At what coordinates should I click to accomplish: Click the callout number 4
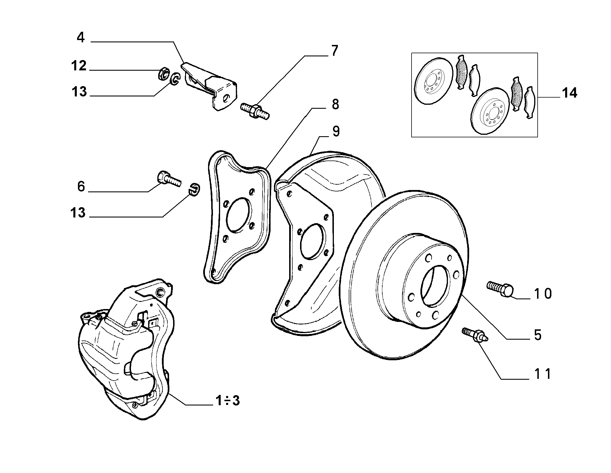pos(81,37)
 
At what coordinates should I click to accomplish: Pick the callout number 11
pos(543,374)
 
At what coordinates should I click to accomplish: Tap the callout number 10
pos(543,294)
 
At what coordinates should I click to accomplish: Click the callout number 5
pos(538,335)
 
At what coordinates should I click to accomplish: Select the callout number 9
pos(336,131)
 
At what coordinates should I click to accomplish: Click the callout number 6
pos(81,187)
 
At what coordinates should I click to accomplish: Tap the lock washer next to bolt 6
pos(195,189)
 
